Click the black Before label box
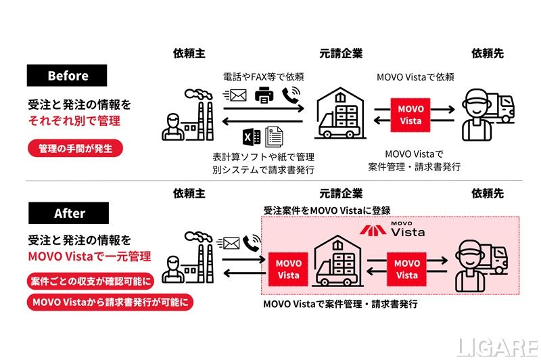click(67, 75)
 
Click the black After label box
click(67, 214)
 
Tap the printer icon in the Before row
click(263, 97)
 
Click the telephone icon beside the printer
click(290, 96)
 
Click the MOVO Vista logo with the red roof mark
click(392, 231)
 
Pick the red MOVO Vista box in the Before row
click(410, 115)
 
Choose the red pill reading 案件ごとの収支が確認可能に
click(91, 281)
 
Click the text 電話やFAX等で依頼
click(263, 77)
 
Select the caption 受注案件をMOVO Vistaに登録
click(327, 210)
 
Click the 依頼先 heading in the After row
click(487, 194)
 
